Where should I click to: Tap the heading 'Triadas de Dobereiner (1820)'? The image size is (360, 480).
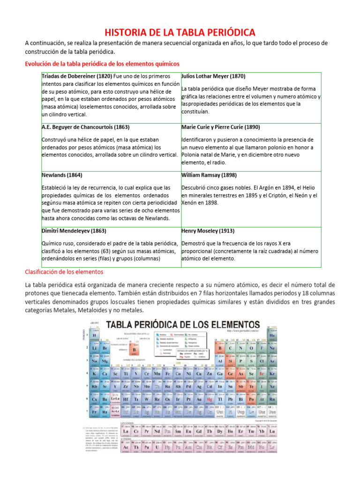[77, 76]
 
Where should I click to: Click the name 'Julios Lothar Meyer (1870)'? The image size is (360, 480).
[213, 76]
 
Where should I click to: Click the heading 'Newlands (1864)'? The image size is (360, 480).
[62, 175]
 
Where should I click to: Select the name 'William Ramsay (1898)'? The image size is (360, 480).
[209, 175]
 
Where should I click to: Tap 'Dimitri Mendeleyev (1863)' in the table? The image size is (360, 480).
[74, 231]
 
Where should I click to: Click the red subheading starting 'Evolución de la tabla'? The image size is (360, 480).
[102, 63]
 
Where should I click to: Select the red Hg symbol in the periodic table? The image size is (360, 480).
[209, 400]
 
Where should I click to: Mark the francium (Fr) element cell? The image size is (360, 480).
[95, 412]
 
